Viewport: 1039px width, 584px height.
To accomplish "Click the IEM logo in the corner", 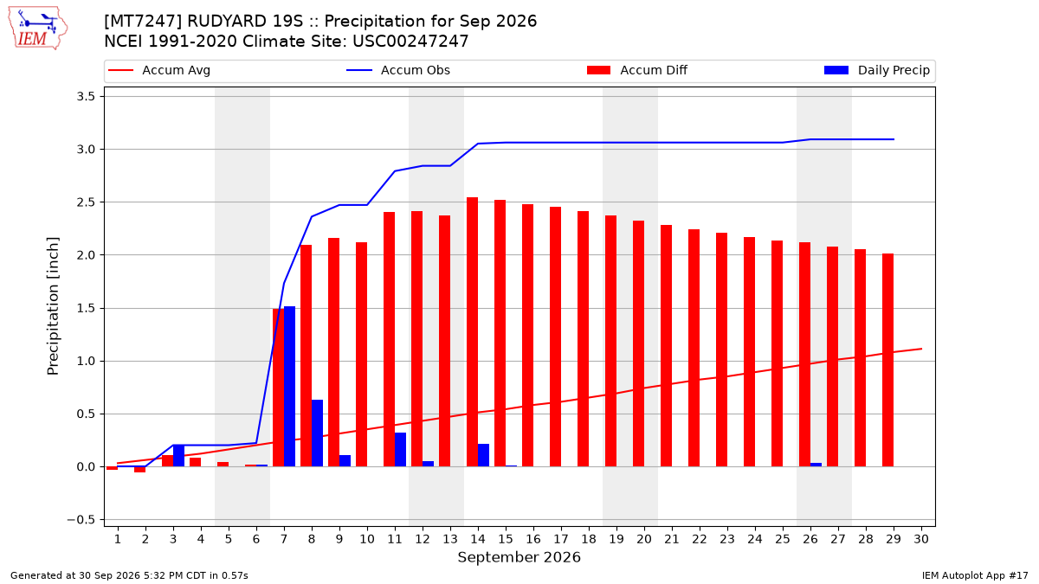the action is point(38,29).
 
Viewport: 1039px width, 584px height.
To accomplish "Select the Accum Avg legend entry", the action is point(159,70).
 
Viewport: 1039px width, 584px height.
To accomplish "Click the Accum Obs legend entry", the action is point(398,70).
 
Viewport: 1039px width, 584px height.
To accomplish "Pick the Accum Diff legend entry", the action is point(637,70).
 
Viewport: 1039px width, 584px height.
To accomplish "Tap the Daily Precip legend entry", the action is point(876,70).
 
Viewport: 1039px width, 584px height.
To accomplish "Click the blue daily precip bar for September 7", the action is point(289,387).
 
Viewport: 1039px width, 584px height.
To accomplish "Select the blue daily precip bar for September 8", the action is point(317,433).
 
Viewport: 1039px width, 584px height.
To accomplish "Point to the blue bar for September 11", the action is point(400,450).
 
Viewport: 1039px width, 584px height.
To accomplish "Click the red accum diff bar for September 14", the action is point(472,332).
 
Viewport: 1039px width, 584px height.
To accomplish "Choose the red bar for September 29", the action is point(887,360).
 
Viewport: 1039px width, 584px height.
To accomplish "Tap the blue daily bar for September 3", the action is point(178,456).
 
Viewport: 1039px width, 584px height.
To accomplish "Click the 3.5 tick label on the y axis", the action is point(86,96).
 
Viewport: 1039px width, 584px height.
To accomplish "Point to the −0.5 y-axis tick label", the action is point(81,520).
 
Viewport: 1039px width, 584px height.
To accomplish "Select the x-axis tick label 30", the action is point(921,539).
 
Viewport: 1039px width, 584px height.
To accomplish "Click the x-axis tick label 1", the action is point(118,539).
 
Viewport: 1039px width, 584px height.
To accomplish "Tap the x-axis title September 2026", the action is point(519,557).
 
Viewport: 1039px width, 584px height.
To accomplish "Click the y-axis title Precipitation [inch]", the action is point(53,306).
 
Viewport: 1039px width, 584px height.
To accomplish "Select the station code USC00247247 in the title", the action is point(410,42).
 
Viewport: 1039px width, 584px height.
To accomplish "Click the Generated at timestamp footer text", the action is point(129,575).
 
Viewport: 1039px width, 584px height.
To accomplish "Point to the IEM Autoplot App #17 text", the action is point(975,575).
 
